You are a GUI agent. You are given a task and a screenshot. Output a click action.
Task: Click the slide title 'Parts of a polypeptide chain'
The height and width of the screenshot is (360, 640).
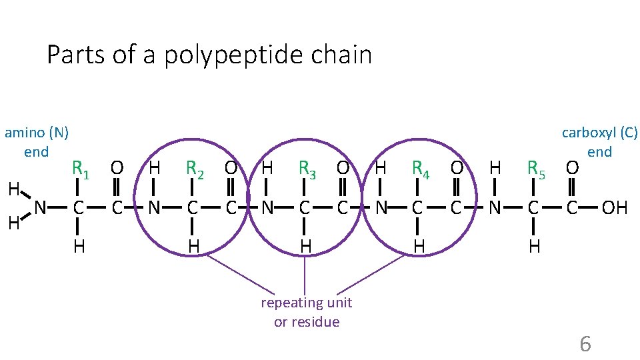coord(209,55)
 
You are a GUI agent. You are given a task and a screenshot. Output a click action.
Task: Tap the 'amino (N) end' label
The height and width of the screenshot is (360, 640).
coord(37,141)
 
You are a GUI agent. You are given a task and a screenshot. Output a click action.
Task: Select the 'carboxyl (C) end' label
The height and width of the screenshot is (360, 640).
coord(599,141)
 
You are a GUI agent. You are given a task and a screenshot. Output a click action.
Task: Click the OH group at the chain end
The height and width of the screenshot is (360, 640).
coord(614,208)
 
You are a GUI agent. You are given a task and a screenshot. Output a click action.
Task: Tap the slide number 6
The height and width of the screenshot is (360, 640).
coord(585,344)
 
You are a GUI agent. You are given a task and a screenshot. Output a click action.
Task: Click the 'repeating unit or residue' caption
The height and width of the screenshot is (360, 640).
coord(307,312)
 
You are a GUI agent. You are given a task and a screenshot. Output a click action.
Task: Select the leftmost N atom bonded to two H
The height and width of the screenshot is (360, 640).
coord(41,208)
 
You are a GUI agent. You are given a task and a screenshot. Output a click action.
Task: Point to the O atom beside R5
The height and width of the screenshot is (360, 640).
coord(571,168)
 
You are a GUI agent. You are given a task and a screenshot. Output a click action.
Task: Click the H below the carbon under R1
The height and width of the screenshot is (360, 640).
coord(79,247)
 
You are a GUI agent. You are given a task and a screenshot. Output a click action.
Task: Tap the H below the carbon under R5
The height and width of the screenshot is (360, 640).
coord(533,247)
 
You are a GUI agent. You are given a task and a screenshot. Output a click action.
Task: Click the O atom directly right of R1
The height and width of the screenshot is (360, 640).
coord(117,168)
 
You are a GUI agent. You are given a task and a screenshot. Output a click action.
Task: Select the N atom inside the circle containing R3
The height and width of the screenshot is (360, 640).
coord(267,208)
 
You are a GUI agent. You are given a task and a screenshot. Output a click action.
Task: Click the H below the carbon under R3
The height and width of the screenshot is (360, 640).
coord(305,247)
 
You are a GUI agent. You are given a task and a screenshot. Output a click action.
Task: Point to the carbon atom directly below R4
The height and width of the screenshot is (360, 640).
coord(418,208)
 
